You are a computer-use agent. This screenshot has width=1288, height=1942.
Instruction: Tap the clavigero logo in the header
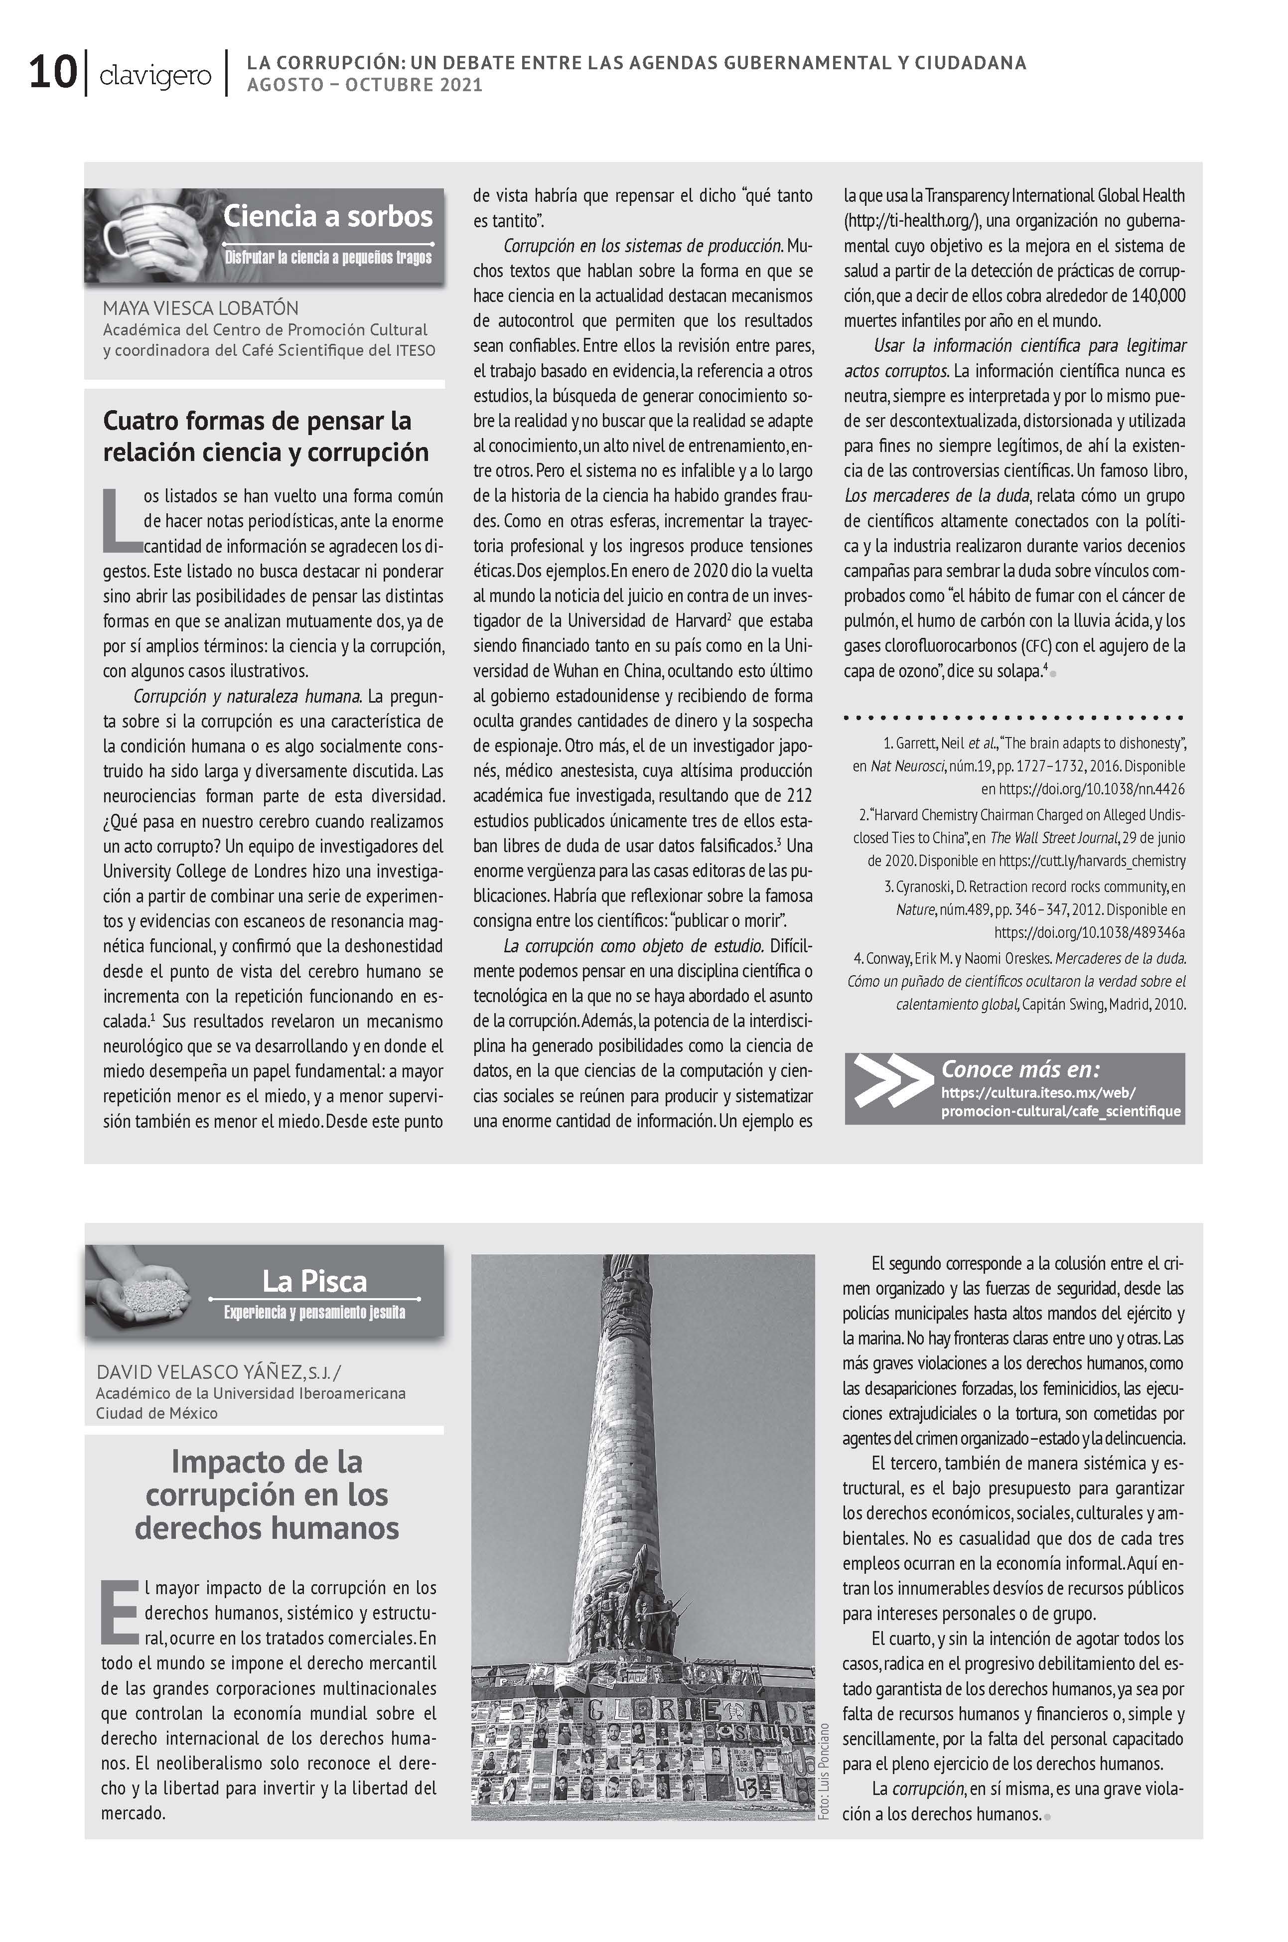click(154, 76)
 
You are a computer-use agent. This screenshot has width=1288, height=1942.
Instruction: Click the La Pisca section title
click(314, 1282)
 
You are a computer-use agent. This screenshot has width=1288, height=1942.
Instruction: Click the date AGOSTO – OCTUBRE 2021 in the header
click(365, 85)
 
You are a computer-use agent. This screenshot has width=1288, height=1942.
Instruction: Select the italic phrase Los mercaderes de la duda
click(936, 495)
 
